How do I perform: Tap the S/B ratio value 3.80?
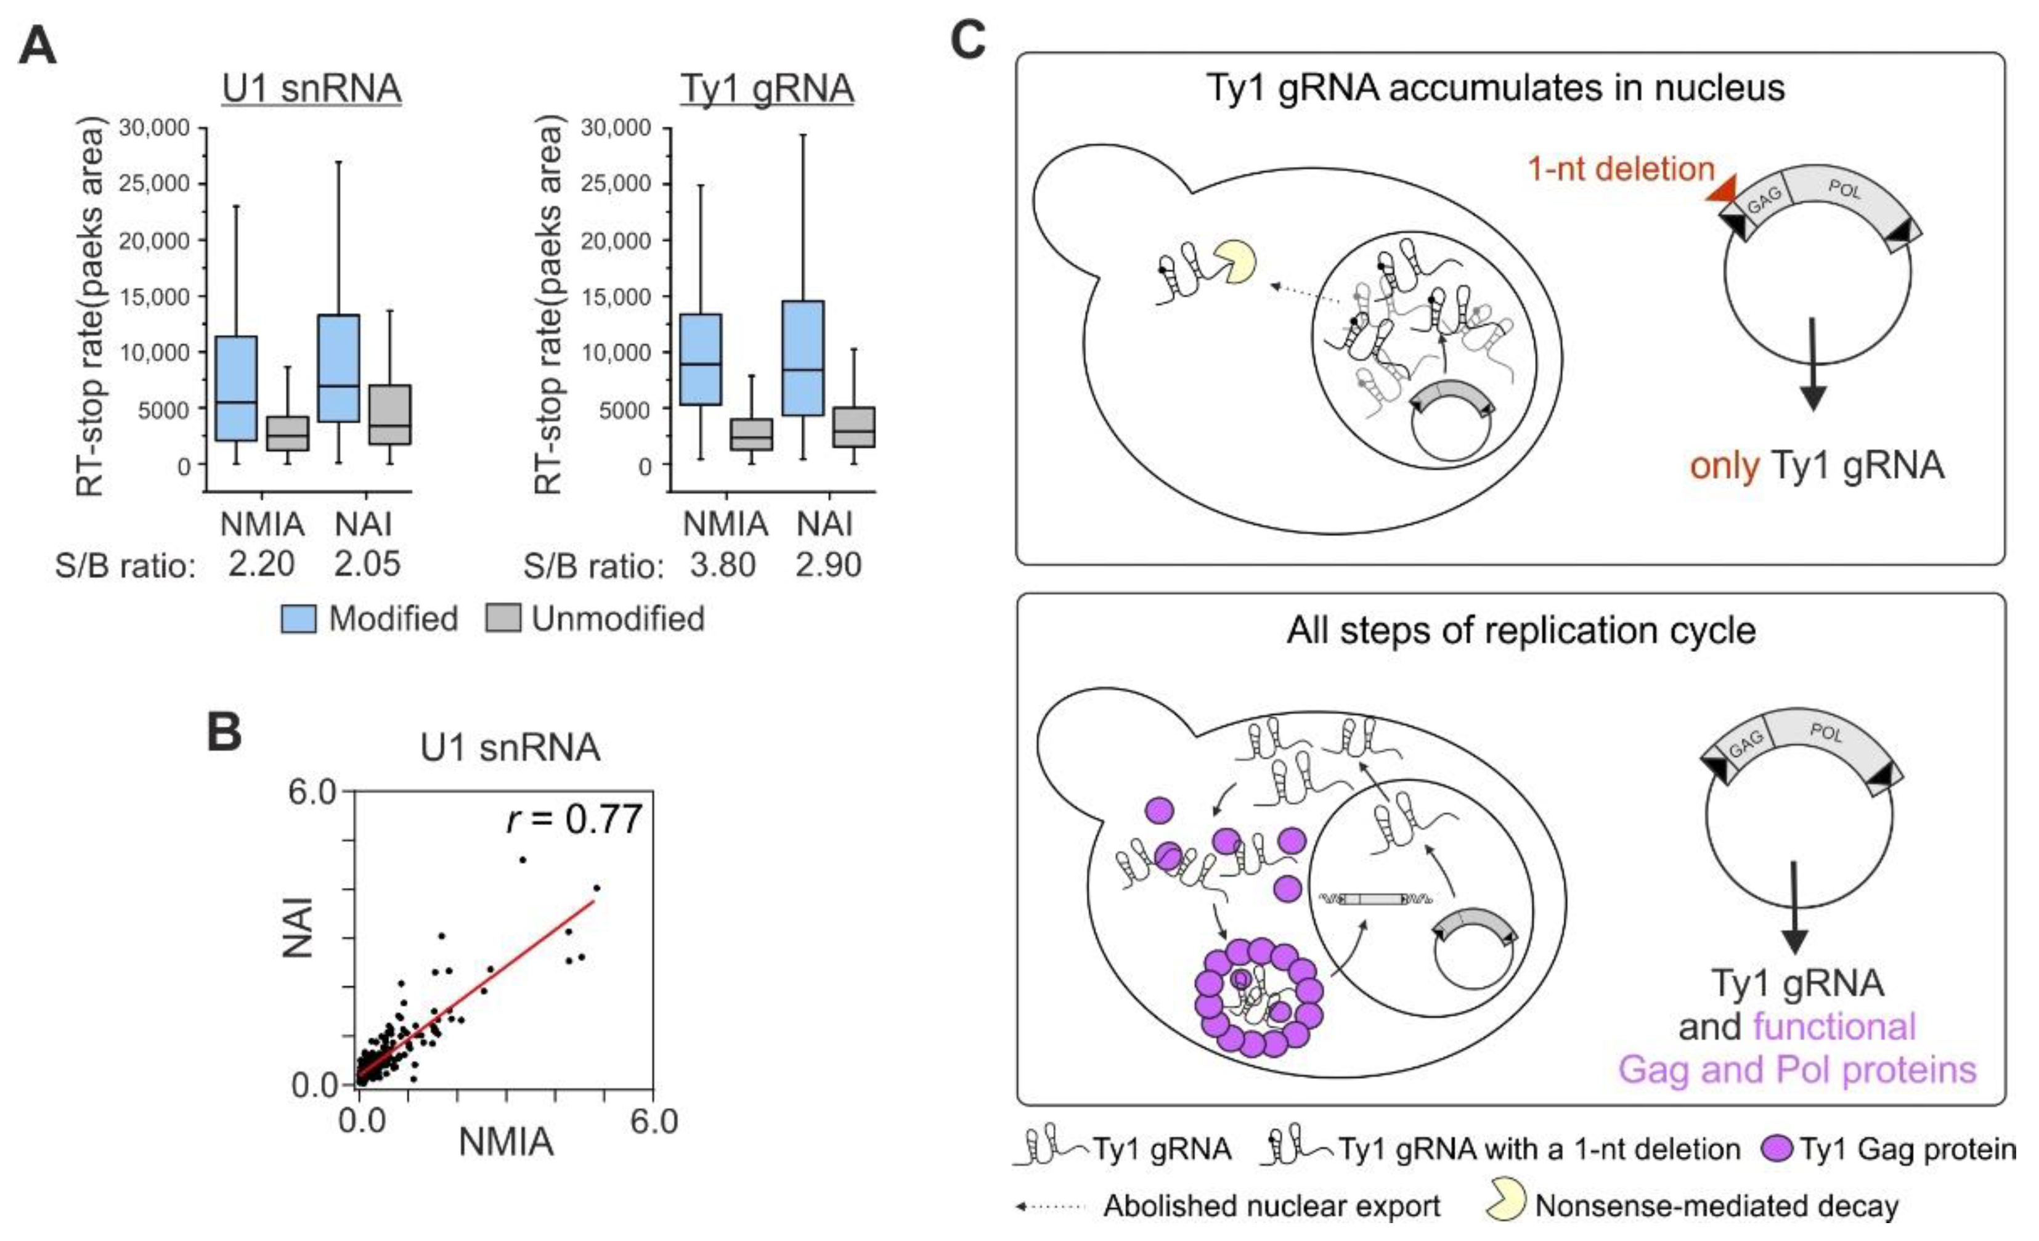(x=722, y=565)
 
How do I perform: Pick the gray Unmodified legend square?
(x=503, y=618)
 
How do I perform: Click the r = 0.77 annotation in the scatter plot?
(x=574, y=819)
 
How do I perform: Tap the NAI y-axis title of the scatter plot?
(x=298, y=927)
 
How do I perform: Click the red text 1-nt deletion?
(x=1620, y=169)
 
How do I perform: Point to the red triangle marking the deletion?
(x=1721, y=191)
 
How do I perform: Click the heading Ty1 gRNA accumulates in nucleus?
(x=1496, y=87)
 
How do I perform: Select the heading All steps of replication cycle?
(x=1521, y=630)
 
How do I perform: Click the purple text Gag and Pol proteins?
(x=1797, y=1069)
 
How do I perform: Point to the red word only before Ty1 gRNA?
(x=1724, y=466)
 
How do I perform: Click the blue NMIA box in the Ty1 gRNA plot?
(x=700, y=359)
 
